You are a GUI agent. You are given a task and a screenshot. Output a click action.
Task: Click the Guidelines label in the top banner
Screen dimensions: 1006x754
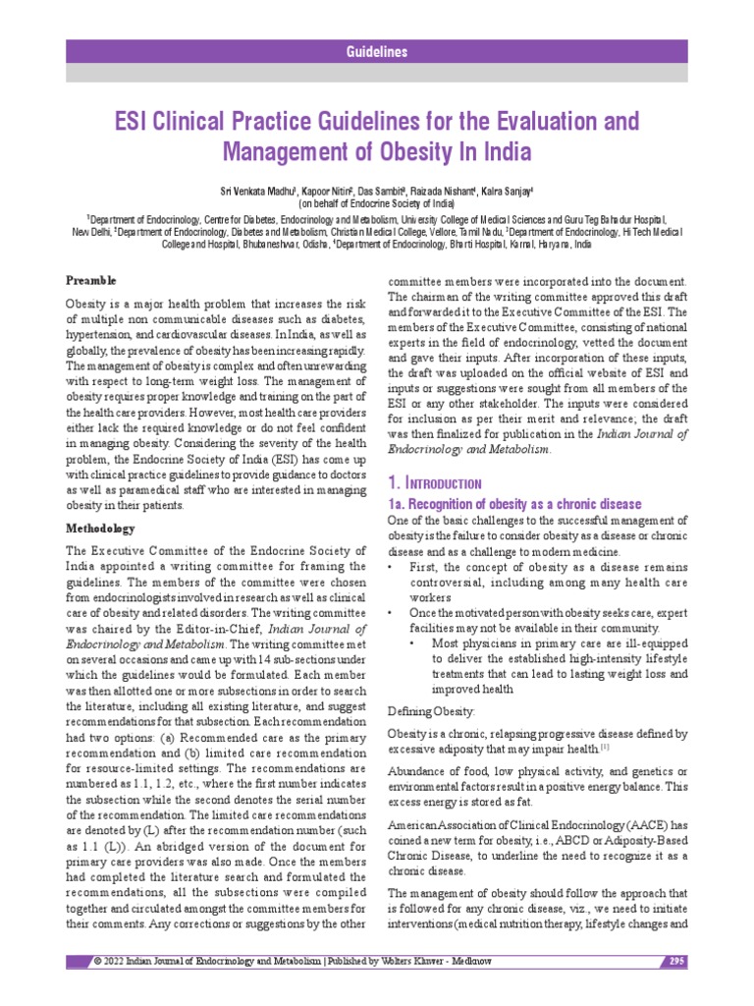(378, 52)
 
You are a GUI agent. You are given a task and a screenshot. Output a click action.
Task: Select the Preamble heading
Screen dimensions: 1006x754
(90, 280)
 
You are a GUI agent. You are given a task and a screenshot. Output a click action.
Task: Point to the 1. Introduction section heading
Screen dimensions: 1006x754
(433, 483)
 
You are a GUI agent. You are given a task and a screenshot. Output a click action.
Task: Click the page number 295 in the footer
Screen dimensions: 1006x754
(676, 961)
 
